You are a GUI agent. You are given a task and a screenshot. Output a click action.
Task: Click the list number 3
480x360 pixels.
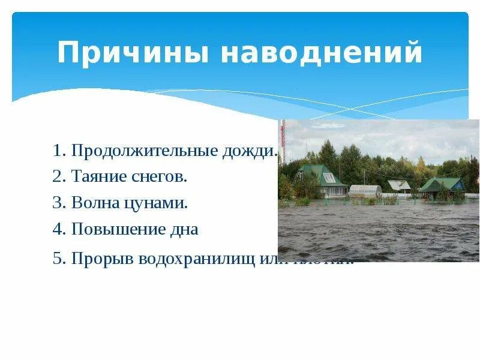click(58, 203)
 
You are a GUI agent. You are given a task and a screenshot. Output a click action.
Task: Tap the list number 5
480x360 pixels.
click(58, 259)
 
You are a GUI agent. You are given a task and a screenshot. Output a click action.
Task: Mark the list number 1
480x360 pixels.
click(58, 151)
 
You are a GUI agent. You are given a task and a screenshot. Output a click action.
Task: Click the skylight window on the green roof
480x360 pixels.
click(329, 178)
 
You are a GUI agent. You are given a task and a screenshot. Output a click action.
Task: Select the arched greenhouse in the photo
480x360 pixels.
click(365, 191)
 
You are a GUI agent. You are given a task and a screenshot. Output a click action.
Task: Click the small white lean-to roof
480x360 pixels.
click(399, 185)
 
